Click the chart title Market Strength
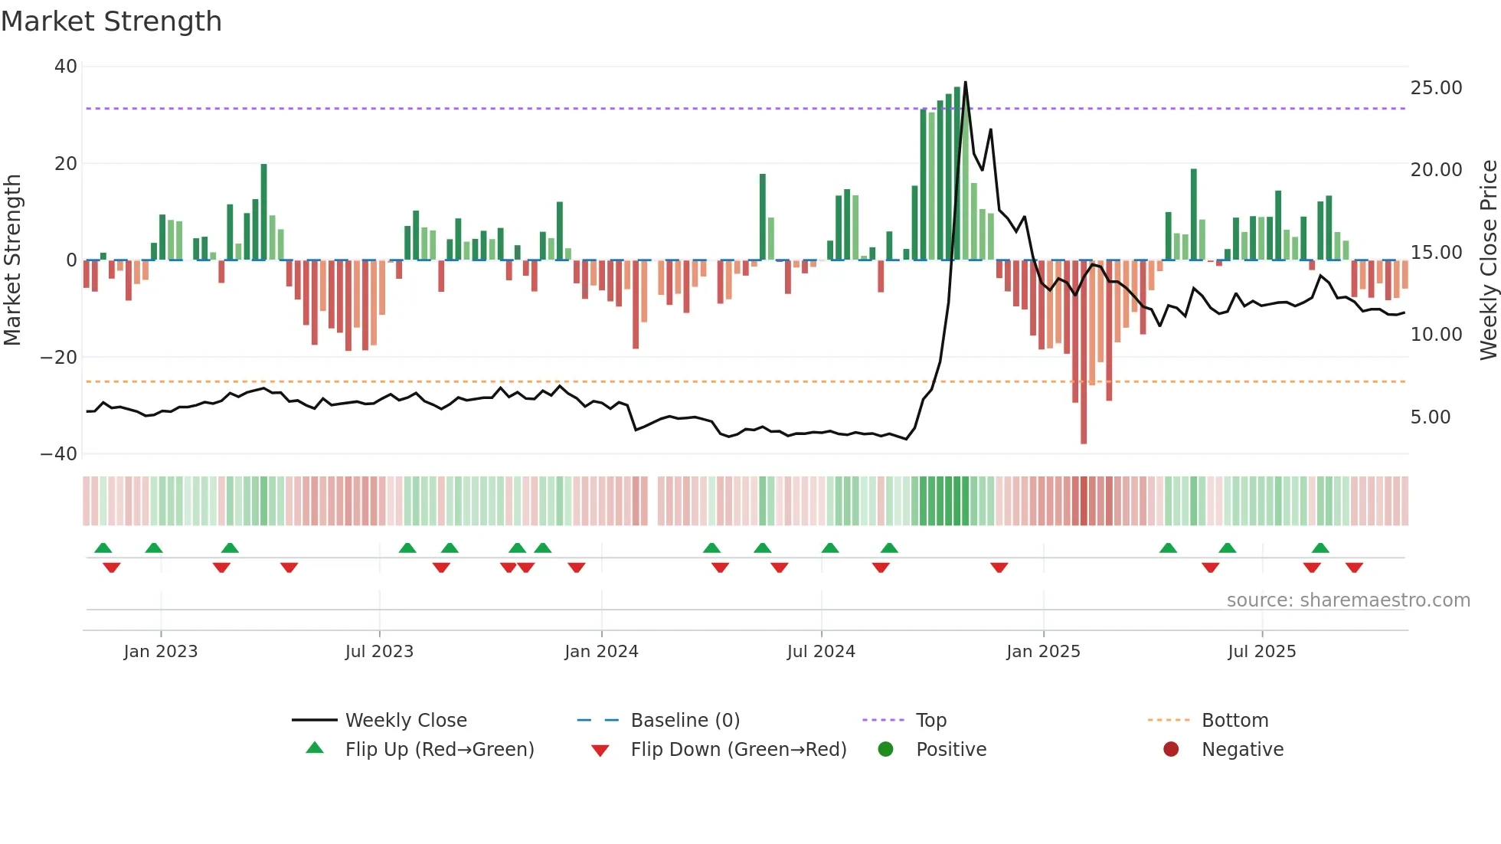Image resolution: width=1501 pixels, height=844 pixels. point(111,21)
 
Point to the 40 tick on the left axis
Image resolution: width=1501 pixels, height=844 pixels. point(66,67)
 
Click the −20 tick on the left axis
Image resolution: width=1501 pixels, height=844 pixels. point(59,357)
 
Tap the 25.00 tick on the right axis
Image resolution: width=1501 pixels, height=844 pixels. point(1436,88)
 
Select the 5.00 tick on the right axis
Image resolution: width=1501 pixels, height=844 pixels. point(1430,417)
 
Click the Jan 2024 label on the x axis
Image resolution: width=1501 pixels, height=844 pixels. point(601,652)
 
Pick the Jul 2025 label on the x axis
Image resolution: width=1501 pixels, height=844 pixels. point(1261,652)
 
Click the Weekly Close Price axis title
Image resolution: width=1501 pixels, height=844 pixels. point(1488,260)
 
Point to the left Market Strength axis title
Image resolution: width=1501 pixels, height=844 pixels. point(12,260)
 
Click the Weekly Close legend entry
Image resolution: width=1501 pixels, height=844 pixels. point(405,721)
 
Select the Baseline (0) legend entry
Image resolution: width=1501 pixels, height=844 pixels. point(685,721)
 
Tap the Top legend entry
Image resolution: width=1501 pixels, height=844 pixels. point(930,721)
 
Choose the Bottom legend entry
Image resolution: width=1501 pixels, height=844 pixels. point(1234,721)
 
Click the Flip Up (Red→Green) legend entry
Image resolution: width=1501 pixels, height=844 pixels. point(439,750)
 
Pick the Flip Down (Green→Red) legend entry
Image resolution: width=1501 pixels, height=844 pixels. point(738,750)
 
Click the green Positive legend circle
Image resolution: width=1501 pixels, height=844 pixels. point(886,750)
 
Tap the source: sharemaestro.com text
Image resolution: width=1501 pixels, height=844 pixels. point(1348,600)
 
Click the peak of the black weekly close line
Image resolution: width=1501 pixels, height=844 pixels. point(965,82)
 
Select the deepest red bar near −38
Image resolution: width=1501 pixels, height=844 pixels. point(1084,352)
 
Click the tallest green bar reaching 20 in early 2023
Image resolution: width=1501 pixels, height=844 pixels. point(263,211)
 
